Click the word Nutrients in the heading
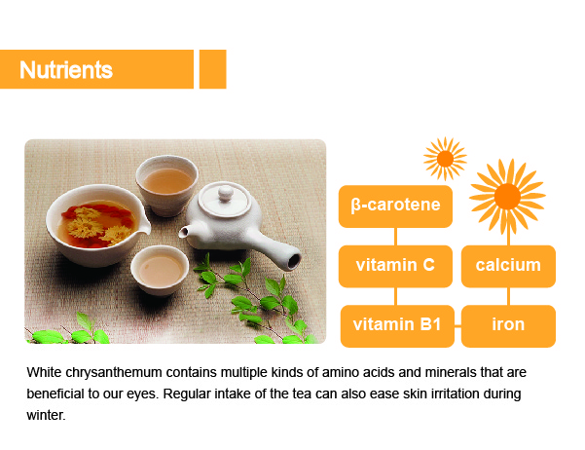click(x=66, y=70)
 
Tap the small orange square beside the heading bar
click(x=212, y=69)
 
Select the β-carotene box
click(x=395, y=206)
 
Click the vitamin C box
click(x=395, y=266)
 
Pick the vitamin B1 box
click(x=397, y=326)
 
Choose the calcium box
click(x=508, y=266)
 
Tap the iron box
click(x=508, y=326)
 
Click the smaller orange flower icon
click(x=445, y=159)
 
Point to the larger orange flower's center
click(x=507, y=197)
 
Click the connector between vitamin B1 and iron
click(x=457, y=326)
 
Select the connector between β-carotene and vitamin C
click(x=395, y=237)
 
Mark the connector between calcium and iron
click(x=508, y=296)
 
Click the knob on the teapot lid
click(x=226, y=193)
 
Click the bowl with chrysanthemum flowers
click(x=97, y=225)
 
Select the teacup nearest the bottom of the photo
click(x=160, y=270)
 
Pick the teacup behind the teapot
click(x=166, y=186)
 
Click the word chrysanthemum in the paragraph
click(x=114, y=373)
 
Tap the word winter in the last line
click(x=46, y=415)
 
